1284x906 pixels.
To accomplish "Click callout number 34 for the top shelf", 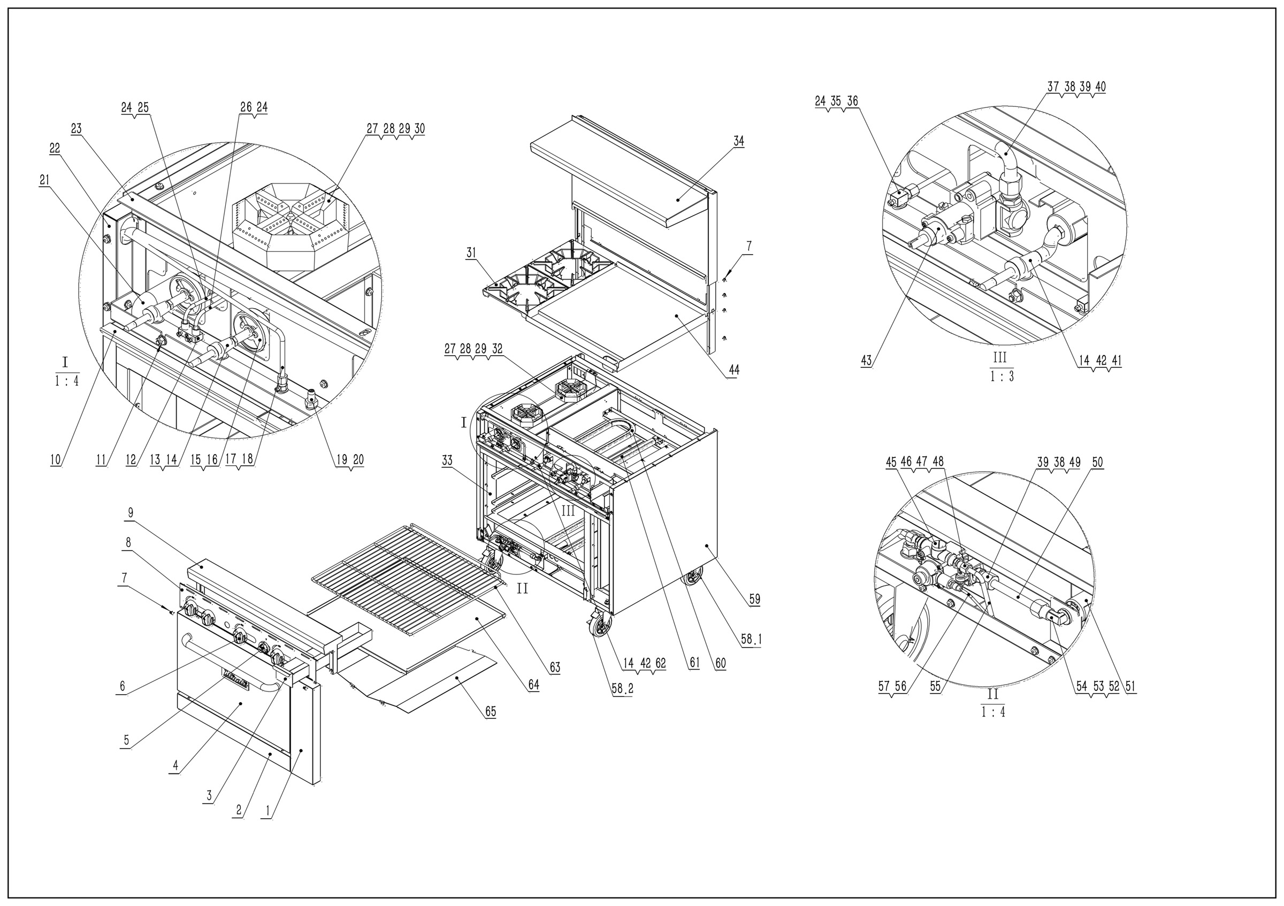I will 739,141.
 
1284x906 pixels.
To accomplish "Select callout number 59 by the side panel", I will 754,599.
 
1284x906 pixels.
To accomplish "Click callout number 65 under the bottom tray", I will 491,711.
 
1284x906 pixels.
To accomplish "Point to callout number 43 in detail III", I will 866,361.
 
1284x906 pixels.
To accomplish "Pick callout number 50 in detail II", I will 1097,462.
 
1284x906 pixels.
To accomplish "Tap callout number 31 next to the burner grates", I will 471,252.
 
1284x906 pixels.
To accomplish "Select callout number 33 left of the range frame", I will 447,460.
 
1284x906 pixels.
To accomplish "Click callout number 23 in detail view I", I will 76,128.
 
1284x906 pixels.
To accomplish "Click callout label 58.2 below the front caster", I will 622,689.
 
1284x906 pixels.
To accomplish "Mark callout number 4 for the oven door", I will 175,766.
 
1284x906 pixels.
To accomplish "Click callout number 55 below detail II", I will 936,686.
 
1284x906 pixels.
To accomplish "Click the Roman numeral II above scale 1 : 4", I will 992,694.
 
